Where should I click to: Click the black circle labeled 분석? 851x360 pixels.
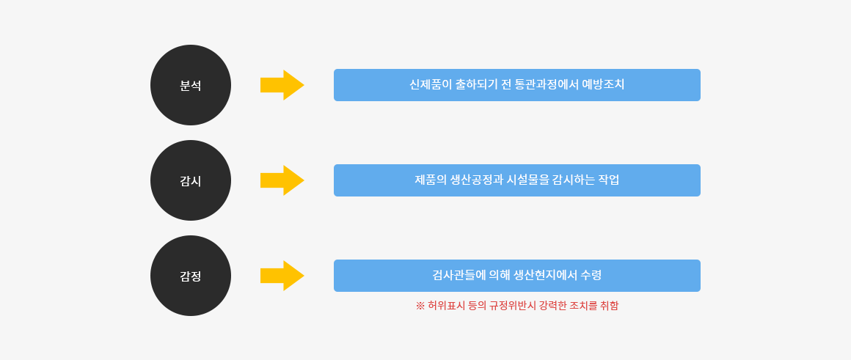pos(191,85)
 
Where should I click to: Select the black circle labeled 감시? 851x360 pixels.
pos(191,180)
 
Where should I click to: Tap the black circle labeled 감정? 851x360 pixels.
pos(191,276)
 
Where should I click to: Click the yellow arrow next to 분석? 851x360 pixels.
pos(282,85)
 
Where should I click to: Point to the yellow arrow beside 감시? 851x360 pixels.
pos(282,180)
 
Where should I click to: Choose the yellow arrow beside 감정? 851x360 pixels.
pos(282,276)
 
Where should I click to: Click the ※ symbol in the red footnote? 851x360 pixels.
pos(420,306)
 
